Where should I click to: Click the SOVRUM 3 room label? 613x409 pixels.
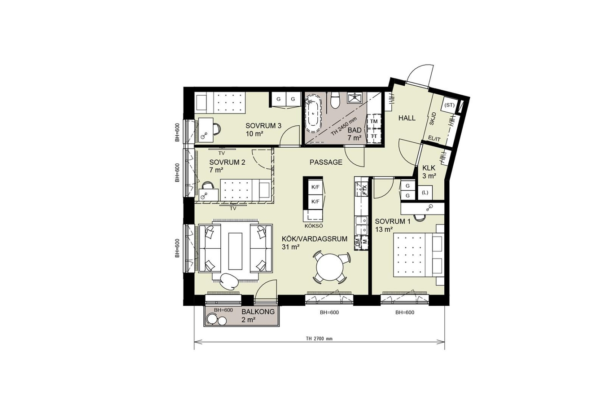coord(263,126)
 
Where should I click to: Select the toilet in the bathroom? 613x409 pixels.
coord(335,101)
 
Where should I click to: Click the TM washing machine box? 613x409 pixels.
coord(373,121)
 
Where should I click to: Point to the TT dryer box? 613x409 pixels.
coord(373,136)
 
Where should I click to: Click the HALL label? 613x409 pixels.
coord(407,118)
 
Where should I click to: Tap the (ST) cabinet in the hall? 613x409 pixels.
coord(449,106)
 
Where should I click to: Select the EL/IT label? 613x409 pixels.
coord(435,139)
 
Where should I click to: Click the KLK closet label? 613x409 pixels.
coord(429,168)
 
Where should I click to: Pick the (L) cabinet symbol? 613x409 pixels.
coord(425,193)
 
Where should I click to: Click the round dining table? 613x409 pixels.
coord(329,267)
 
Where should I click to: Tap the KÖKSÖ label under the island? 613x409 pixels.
coord(314,226)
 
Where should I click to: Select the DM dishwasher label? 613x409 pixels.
coord(357,242)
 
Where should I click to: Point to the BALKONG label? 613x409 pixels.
coord(258,312)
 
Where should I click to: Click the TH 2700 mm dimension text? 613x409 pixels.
coord(319,339)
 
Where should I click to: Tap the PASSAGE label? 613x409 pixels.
coord(326,163)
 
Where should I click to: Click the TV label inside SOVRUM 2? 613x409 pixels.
coord(222,153)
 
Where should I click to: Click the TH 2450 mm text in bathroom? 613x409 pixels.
coord(344,127)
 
